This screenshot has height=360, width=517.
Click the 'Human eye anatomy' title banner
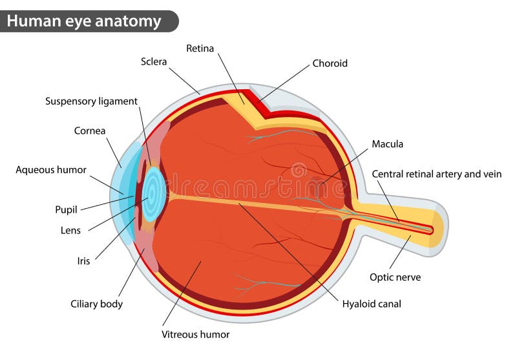point(84,21)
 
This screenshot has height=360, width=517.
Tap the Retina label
point(200,48)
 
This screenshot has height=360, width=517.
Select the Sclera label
point(154,62)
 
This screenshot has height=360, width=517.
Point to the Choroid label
point(330,63)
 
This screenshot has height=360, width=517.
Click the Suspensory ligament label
point(91,101)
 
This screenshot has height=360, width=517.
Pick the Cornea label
point(90,131)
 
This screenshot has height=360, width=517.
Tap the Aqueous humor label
point(51,170)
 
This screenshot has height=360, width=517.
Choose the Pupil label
point(66,209)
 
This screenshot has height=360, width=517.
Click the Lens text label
point(70,229)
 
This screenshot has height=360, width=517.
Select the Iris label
point(83,261)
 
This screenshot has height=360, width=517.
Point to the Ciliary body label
point(96,304)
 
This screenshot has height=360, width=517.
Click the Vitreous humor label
point(195,334)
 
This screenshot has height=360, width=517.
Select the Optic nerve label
point(395,277)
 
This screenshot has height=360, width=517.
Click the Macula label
point(387,144)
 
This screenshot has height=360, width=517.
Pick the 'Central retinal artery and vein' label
point(436,174)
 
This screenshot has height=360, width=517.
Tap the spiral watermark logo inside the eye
point(298,171)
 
